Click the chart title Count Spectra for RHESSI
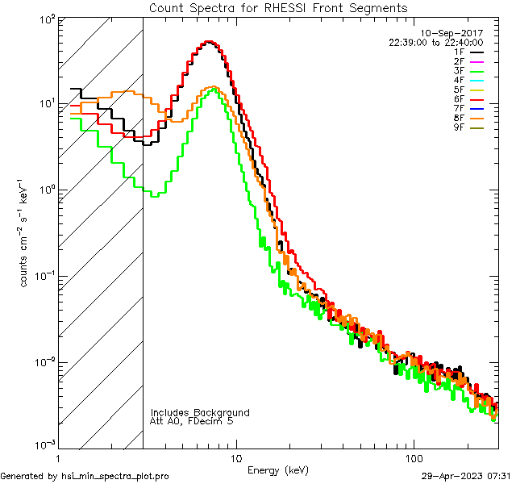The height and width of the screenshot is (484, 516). tap(278, 7)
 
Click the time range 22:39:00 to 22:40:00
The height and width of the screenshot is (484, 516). tap(435, 43)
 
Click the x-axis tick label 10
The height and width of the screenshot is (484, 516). tap(235, 457)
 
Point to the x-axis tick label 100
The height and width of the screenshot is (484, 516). tap(413, 457)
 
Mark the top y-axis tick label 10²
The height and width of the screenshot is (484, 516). tap(46, 18)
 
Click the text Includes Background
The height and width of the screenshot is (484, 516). tap(200, 412)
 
